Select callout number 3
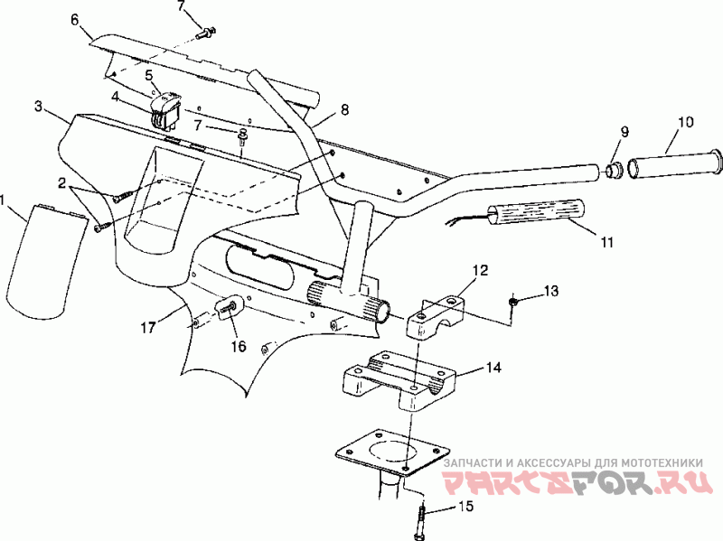click(38, 107)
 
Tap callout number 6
click(74, 19)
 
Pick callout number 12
click(479, 270)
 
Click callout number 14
click(493, 368)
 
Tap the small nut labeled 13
click(513, 303)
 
